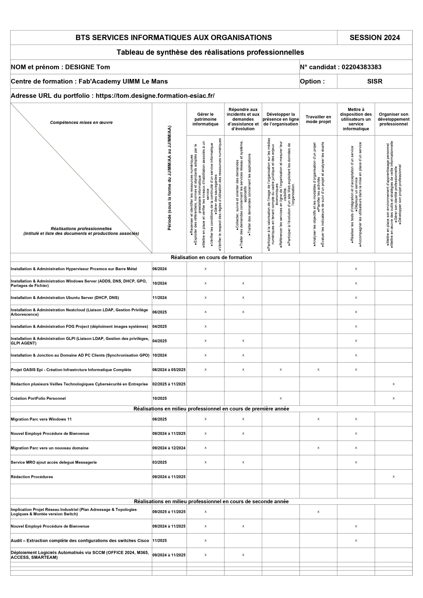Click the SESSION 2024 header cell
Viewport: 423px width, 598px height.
click(375, 38)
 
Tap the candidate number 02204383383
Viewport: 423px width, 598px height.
click(361, 67)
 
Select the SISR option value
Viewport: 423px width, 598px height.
click(375, 81)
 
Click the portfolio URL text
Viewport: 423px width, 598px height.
click(155, 96)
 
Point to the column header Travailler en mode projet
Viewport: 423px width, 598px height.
click(318, 119)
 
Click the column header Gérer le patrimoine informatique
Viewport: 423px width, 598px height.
click(205, 119)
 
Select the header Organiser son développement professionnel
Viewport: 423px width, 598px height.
click(393, 119)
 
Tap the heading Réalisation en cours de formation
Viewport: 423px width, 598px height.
click(211, 257)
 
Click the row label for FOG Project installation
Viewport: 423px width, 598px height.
click(79, 326)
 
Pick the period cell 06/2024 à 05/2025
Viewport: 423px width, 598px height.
click(169, 370)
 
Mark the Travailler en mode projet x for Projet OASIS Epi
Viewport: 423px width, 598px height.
click(318, 370)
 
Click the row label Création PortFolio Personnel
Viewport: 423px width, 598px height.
click(38, 398)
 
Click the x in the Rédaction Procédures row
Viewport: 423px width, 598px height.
click(393, 477)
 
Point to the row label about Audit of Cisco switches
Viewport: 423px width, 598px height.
click(80, 541)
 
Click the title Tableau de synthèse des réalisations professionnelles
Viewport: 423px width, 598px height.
click(210, 52)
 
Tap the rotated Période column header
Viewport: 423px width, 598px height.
click(169, 178)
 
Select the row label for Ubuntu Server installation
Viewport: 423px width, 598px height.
click(65, 297)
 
